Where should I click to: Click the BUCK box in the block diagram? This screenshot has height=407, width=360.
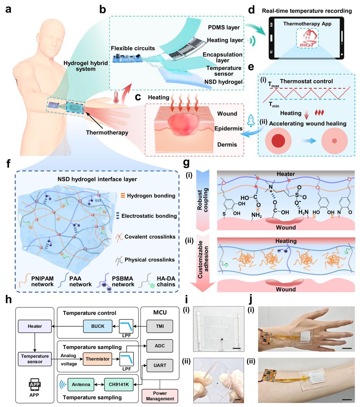[x=97, y=326]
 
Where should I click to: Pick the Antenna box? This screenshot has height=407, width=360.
[x=82, y=385]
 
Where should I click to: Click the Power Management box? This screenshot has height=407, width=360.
[x=160, y=395]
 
